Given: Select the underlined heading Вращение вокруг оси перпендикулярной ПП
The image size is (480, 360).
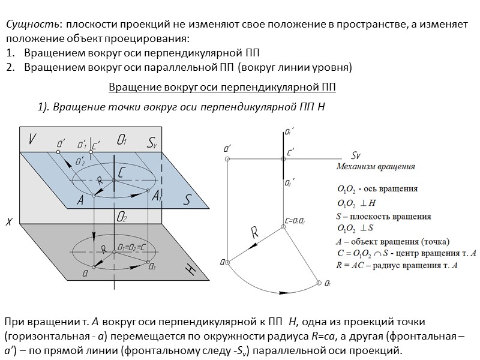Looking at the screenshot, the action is click(222, 87).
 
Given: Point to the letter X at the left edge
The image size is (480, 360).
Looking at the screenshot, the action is click(9, 221).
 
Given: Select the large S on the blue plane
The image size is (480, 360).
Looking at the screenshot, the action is click(186, 200).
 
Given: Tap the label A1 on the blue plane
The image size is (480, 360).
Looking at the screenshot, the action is click(157, 196).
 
